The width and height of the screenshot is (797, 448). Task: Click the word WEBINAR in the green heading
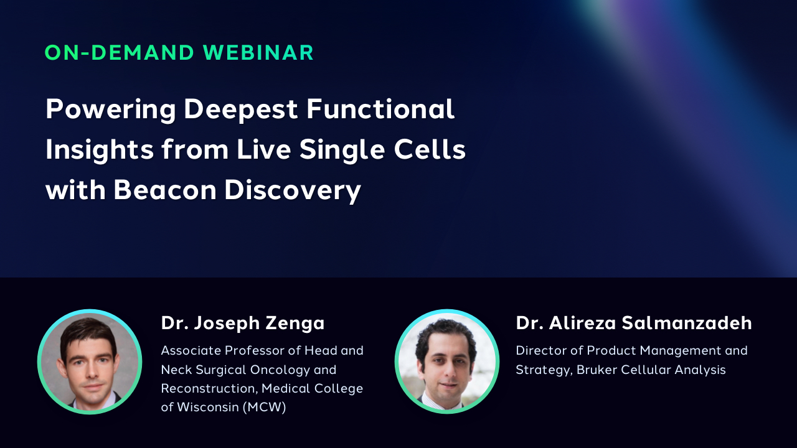click(258, 53)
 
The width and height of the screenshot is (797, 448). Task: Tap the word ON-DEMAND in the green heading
click(119, 53)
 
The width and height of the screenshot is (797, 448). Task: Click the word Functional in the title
click(380, 109)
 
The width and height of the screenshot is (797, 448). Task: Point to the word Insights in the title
click(100, 151)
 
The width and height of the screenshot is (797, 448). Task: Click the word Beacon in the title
click(165, 190)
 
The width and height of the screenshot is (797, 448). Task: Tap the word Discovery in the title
click(293, 191)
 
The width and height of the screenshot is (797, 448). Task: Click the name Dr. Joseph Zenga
click(243, 324)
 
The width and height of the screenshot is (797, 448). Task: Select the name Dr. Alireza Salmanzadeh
click(634, 323)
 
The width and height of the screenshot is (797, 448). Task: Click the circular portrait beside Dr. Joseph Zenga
click(90, 362)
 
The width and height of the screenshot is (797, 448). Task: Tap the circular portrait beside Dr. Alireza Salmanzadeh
click(447, 362)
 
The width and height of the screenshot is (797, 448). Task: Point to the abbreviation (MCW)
click(265, 407)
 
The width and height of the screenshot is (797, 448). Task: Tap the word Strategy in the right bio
click(544, 370)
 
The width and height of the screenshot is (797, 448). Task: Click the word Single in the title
click(342, 151)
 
